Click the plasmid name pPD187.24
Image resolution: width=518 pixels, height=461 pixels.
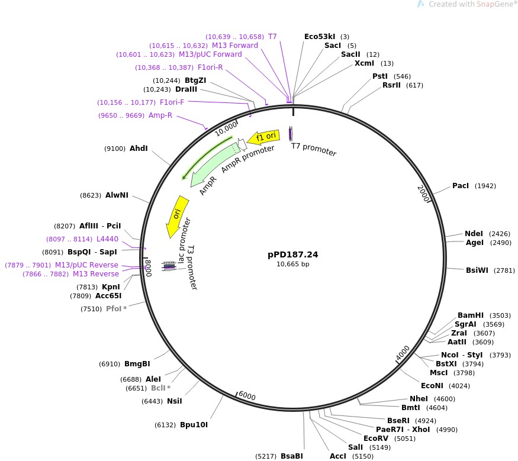pos(292,254)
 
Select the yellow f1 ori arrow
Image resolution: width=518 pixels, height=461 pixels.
pos(263,137)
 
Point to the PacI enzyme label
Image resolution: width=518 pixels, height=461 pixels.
pos(460,186)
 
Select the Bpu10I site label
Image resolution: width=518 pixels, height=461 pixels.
pos(194,425)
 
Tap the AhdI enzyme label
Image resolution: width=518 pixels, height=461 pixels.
pos(139,149)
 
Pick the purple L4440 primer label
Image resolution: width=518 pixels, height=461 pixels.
pos(107,239)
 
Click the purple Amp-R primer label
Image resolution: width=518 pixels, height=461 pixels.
pos(160,115)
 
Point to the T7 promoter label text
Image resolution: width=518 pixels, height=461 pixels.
pos(314,150)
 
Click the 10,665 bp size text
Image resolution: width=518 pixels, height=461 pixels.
pos(292,265)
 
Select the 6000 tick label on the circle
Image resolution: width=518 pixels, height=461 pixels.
pos(246,396)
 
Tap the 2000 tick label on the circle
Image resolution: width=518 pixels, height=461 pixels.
pos(423,193)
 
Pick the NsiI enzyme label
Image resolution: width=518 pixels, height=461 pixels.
pos(174,401)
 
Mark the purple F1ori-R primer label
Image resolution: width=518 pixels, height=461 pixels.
pos(210,67)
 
